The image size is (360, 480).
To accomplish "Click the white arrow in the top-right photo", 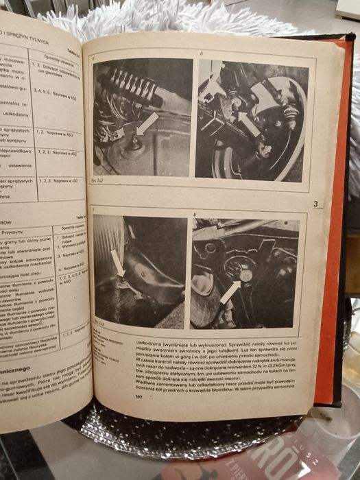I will pos(249,123).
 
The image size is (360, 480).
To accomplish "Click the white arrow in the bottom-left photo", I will pos(117,263).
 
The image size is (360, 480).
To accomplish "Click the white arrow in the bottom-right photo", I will pos(232,291).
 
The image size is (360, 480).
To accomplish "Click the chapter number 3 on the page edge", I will pos(315,204).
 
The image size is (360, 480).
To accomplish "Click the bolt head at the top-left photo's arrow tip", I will pos(134,141).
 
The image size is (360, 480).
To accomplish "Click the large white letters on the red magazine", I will pos(274,459).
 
